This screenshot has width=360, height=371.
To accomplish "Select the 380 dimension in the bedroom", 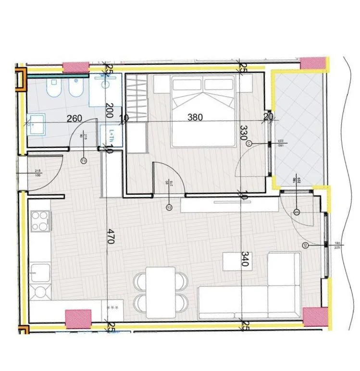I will pos(195,117).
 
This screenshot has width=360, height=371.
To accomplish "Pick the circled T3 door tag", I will pos(84,161).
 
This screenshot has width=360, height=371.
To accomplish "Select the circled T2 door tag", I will pos(169,208).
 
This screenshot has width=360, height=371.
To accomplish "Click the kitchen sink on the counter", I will pos(39,273).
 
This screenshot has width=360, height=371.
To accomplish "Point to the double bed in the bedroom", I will pos(203,111).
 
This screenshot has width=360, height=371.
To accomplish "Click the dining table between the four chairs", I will pos(161,292).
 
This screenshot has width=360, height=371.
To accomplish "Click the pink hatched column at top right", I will pos(313,63).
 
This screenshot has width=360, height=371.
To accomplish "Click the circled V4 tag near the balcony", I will pos(297,212).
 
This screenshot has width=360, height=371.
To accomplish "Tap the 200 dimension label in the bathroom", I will pos(109,111).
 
